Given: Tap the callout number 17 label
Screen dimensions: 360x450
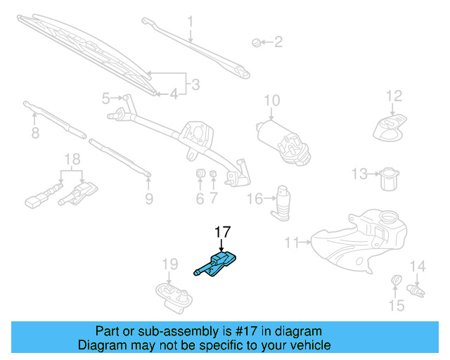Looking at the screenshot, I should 222,231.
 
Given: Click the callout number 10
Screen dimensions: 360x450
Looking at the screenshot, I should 271,101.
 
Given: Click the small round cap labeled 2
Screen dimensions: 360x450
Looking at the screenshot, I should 257,43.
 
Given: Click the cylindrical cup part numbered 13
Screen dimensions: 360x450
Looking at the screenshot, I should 387,178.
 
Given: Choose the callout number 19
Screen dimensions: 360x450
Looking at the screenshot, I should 169,264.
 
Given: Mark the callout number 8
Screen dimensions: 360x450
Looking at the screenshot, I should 34,132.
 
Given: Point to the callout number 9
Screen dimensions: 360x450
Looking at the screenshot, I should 148,199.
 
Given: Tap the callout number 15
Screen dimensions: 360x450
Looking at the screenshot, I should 397,306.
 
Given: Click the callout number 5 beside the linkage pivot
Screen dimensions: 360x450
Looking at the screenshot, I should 106,98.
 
